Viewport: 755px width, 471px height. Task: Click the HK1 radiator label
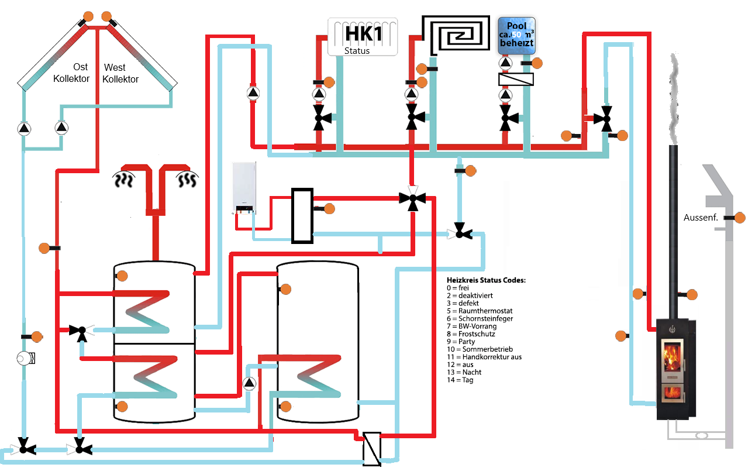tap(364, 34)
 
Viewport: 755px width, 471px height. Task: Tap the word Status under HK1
tap(357, 51)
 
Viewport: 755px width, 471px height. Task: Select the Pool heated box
tap(517, 36)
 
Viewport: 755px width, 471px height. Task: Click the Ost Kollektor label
tap(71, 73)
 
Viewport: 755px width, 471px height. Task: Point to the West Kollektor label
tap(120, 73)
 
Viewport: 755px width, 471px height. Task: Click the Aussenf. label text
tap(701, 218)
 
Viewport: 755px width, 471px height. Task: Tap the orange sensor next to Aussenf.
tap(740, 218)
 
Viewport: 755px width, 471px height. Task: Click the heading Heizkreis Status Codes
tap(486, 280)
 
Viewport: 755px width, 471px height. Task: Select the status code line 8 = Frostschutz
tap(471, 334)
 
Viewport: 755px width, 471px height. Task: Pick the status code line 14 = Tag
tap(460, 380)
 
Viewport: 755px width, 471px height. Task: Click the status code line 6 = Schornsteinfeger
tap(480, 319)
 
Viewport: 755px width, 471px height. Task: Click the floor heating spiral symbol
tap(456, 35)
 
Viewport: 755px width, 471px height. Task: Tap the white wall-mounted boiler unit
tap(244, 187)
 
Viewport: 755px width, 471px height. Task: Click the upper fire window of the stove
tap(672, 357)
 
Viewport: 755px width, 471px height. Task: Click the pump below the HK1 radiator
tap(319, 94)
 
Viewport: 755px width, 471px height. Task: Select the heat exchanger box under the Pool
tap(516, 79)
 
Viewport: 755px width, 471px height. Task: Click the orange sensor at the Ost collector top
tap(88, 16)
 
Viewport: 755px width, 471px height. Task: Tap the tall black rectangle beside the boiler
tap(302, 216)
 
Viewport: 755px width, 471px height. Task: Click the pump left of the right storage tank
tap(249, 383)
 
